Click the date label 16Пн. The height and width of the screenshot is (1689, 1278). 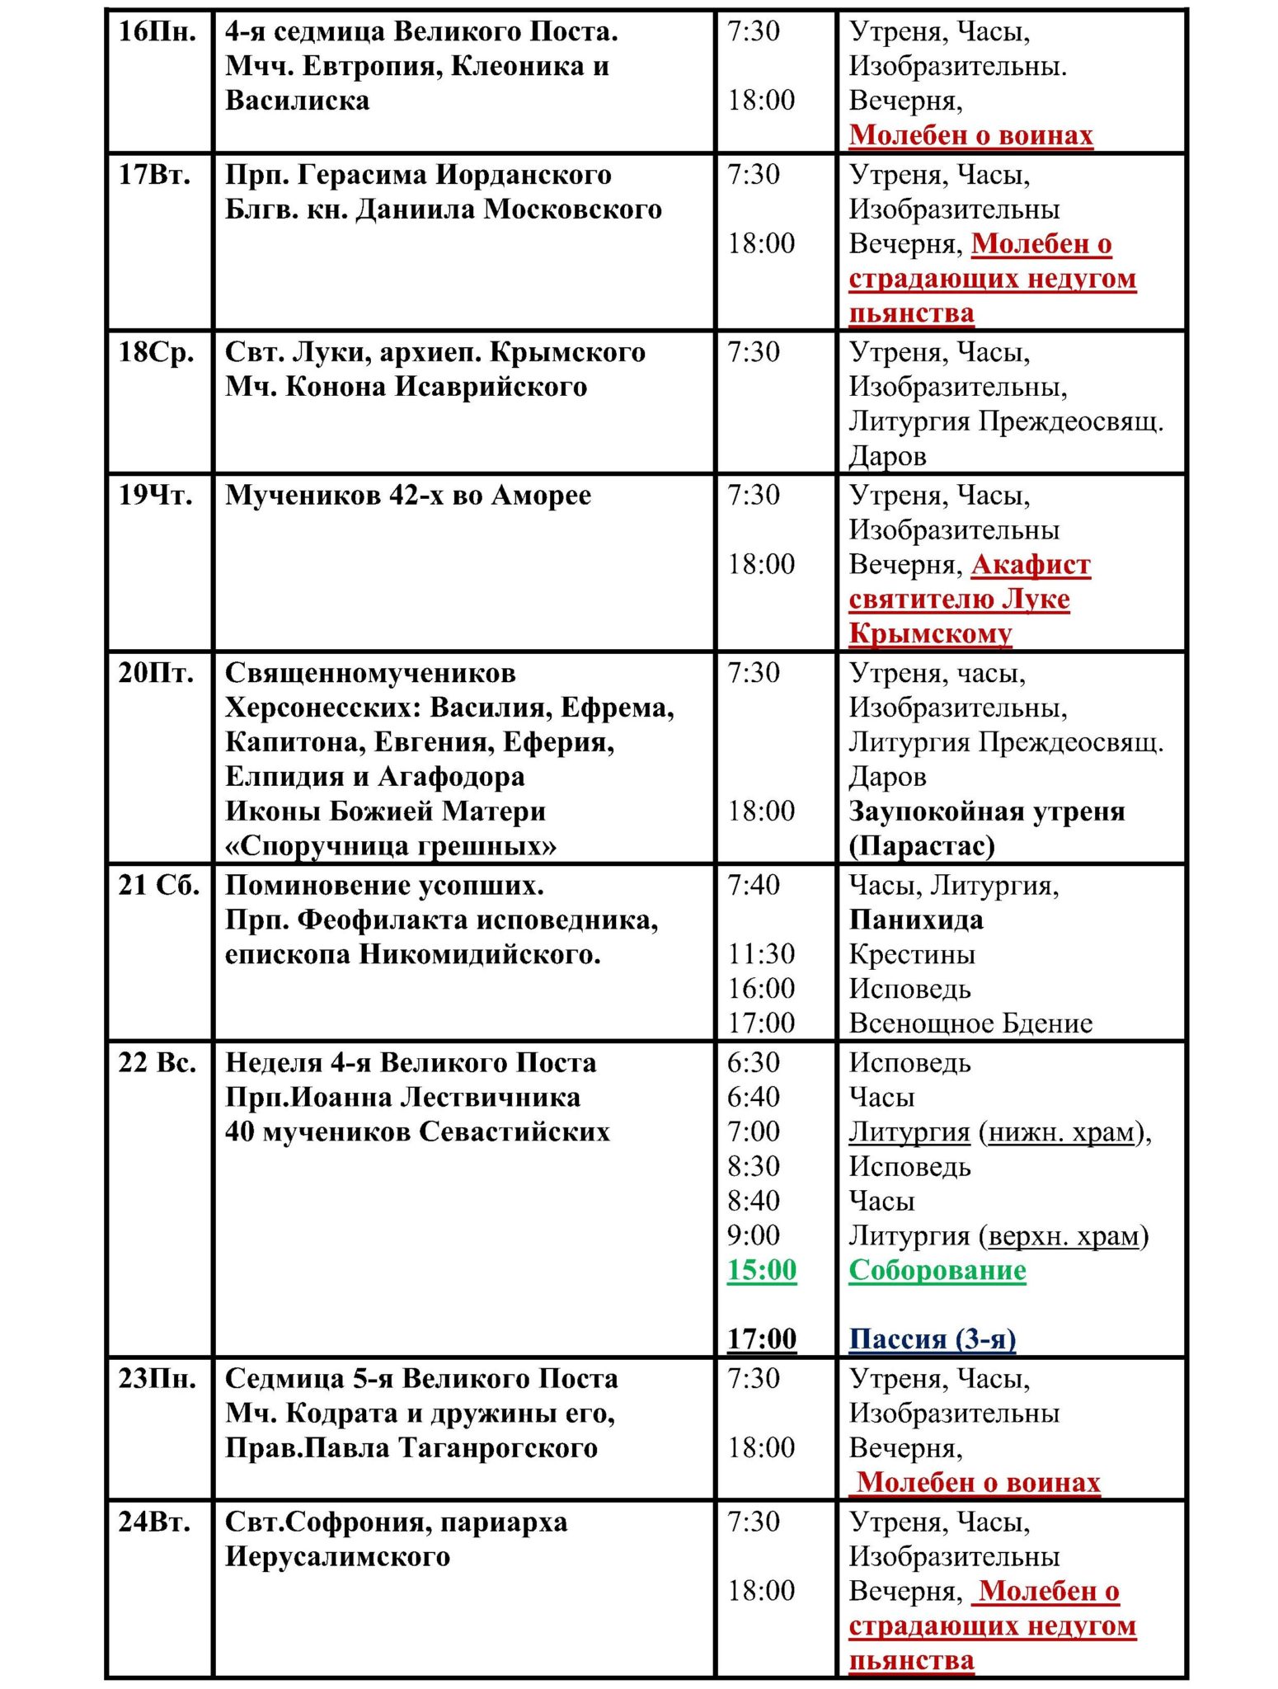(157, 32)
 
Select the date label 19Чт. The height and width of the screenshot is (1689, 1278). (157, 495)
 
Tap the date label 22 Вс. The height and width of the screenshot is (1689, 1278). (157, 1062)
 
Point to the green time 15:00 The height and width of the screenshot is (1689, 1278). (761, 1269)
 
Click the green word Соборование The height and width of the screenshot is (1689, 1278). (937, 1269)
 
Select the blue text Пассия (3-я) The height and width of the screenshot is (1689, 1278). (932, 1338)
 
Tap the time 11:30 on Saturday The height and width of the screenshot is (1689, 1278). (761, 954)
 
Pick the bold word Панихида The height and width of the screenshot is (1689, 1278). (916, 920)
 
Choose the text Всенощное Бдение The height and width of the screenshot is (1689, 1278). (970, 1023)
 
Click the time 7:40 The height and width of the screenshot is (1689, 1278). (753, 885)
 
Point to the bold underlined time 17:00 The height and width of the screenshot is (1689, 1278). (761, 1338)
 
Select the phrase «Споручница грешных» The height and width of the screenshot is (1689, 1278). (391, 846)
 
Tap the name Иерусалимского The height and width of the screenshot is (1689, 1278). (338, 1557)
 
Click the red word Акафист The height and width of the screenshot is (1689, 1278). (1031, 565)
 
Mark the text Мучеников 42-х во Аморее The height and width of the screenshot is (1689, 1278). (408, 495)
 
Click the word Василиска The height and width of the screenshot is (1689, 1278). (297, 101)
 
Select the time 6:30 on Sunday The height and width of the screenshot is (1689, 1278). (753, 1062)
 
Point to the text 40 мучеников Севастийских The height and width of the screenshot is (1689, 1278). (417, 1131)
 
